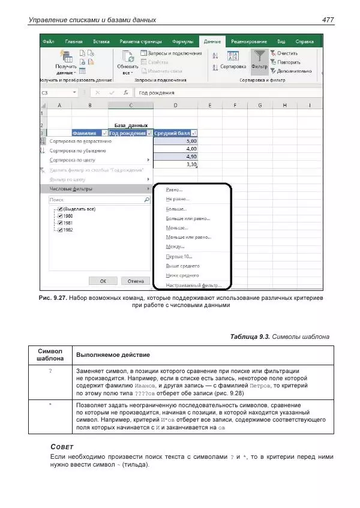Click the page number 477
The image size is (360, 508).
pyautogui.click(x=328, y=20)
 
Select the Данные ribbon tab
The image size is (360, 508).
pyautogui.click(x=212, y=41)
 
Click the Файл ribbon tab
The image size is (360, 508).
pyautogui.click(x=49, y=41)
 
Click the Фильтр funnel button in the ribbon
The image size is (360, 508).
pyautogui.click(x=259, y=60)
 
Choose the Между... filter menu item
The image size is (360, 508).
pyautogui.click(x=175, y=247)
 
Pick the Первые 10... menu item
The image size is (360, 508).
pyautogui.click(x=179, y=256)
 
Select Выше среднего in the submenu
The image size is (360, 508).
pyautogui.click(x=182, y=266)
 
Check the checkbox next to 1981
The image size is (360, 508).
pyautogui.click(x=60, y=223)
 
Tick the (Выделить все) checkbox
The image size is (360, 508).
pyautogui.click(x=60, y=209)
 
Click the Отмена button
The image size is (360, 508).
pyautogui.click(x=136, y=281)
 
